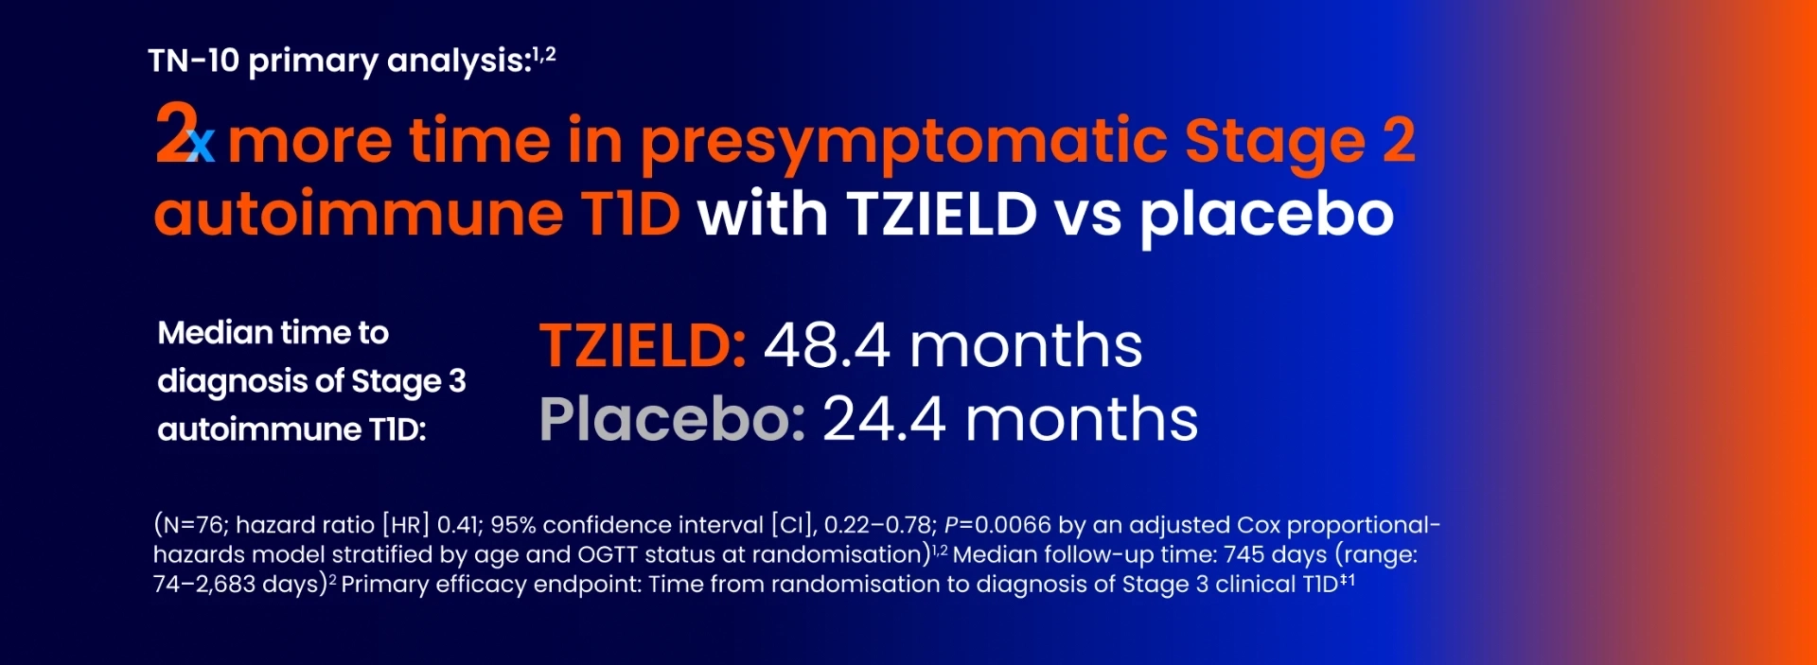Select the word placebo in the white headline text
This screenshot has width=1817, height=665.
1266,216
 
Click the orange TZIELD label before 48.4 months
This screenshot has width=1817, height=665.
643,345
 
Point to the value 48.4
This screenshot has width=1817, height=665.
827,345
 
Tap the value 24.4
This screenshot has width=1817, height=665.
884,419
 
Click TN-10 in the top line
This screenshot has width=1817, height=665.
194,61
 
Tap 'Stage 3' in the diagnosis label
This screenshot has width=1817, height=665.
409,381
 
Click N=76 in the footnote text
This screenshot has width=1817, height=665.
194,525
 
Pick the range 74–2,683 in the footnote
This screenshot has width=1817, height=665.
204,585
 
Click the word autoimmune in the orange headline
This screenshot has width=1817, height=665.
359,216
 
